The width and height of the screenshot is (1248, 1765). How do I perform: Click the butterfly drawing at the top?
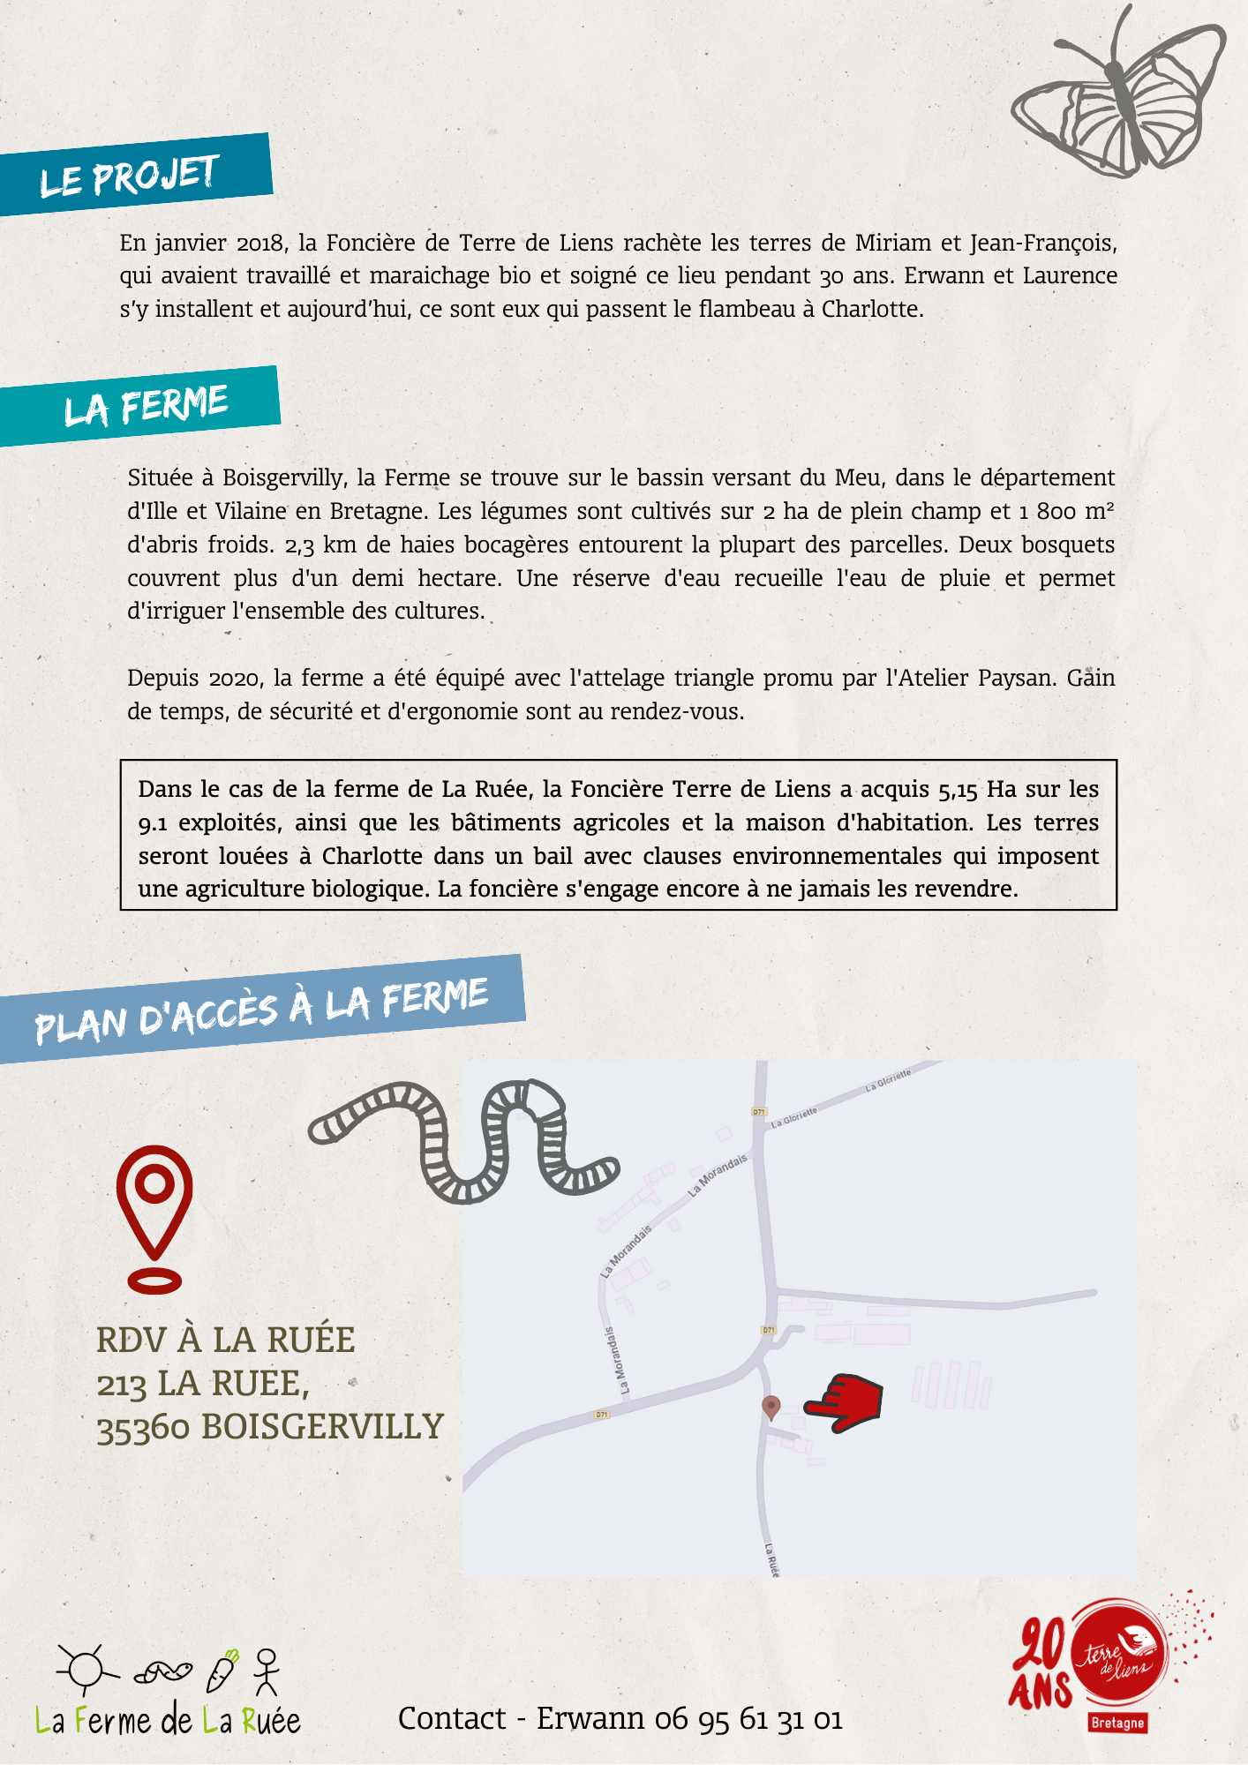coord(1119,97)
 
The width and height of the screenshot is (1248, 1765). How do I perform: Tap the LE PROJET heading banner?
coord(132,175)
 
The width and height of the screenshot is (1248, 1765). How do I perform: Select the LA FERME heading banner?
coord(141,406)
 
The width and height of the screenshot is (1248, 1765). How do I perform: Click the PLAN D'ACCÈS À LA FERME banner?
coord(261,1009)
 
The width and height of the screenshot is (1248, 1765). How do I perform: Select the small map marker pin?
coord(771,1407)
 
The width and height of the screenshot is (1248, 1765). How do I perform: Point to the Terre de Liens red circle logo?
coord(1119,1656)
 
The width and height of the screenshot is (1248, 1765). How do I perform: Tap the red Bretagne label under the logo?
coord(1116,1723)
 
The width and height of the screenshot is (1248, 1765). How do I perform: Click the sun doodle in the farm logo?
coord(86,1670)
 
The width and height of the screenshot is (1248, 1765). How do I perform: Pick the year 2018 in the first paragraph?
coord(259,243)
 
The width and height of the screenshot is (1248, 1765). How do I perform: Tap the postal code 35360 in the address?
coord(143,1428)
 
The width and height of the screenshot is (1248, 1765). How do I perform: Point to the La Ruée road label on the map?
coord(771,1559)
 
